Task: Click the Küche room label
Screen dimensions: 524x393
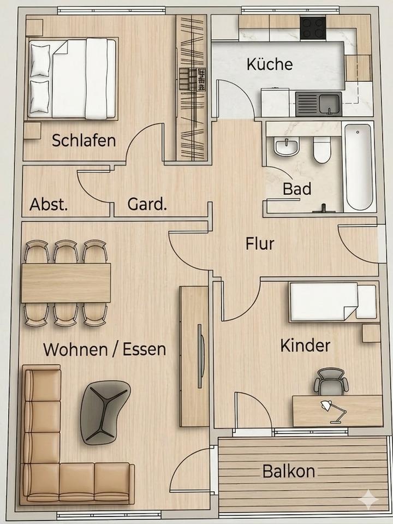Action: pos(270,64)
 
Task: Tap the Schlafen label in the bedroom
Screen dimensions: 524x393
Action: pos(84,140)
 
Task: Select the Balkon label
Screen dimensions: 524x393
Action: pos(288,471)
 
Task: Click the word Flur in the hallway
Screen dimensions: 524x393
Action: pos(260,243)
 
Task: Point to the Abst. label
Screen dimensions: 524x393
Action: pos(49,205)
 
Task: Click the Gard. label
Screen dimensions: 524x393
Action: pos(147,205)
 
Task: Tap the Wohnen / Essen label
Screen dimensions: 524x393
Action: pos(104,349)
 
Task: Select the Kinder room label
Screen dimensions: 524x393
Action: pos(305,346)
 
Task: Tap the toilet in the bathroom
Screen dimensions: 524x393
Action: pos(322,149)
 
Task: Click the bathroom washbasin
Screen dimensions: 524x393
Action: pos(287,146)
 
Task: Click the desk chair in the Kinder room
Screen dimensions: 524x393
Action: pos(331,382)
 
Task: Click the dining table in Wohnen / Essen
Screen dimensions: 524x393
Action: pos(65,283)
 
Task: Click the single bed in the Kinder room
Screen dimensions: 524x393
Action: pos(332,302)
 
